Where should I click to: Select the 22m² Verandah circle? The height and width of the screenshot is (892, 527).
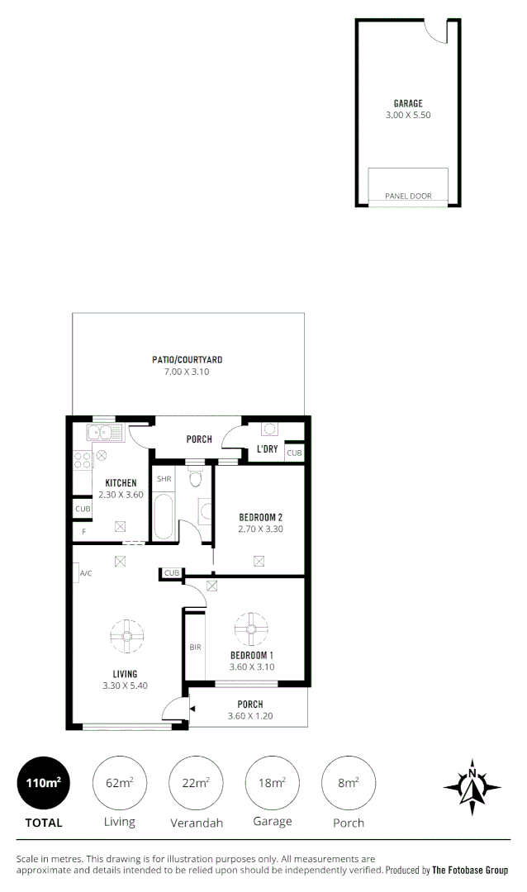(196, 784)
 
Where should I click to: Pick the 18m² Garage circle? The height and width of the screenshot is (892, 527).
(273, 784)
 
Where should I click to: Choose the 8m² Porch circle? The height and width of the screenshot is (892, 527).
(348, 784)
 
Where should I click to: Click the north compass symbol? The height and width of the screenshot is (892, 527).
(472, 785)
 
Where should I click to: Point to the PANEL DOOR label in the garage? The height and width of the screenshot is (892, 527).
(408, 197)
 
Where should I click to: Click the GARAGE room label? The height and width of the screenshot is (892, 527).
(408, 104)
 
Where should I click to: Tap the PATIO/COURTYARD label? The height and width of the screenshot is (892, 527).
(188, 360)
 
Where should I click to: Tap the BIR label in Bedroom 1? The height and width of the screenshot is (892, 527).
(195, 648)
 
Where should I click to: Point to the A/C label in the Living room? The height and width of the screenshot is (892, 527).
(84, 573)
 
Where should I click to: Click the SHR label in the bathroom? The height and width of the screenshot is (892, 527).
(164, 479)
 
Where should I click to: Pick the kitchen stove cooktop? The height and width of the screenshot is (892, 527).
(83, 459)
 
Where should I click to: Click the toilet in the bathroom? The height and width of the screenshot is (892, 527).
(195, 477)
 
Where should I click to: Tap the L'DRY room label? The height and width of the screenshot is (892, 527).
(267, 448)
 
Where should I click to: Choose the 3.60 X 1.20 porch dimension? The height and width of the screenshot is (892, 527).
(250, 716)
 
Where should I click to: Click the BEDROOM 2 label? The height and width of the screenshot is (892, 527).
(260, 518)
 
